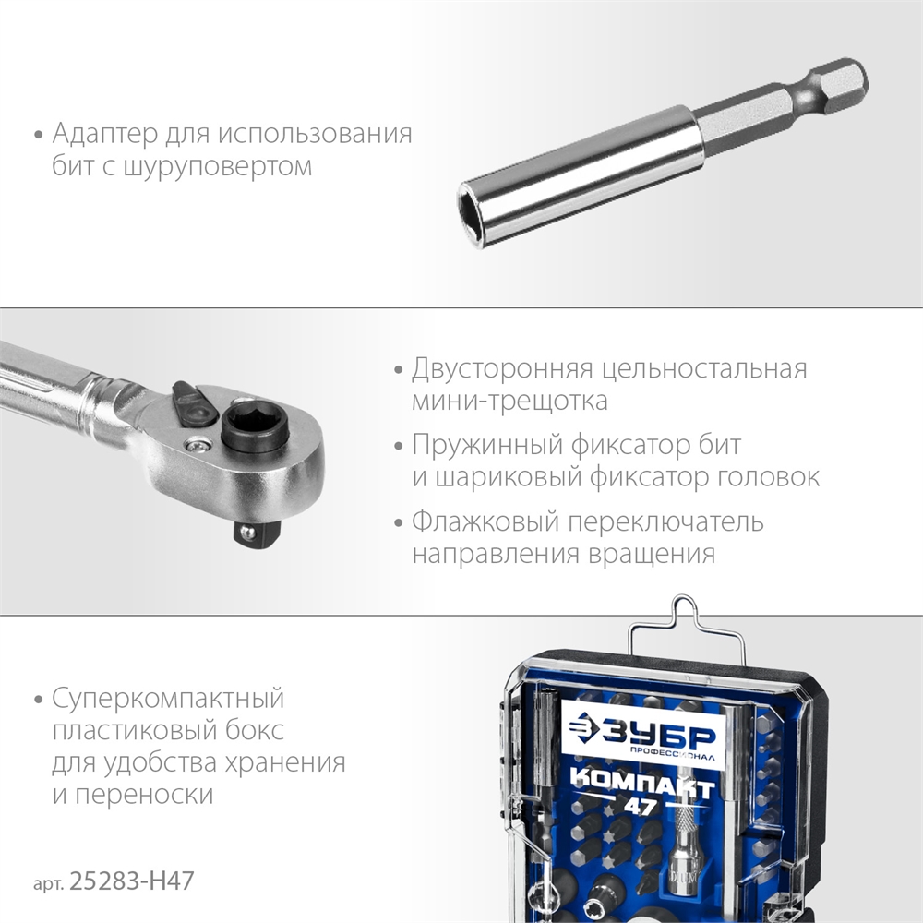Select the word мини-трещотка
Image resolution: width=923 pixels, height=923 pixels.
tap(510, 402)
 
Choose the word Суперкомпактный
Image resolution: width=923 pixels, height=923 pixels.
tap(168, 697)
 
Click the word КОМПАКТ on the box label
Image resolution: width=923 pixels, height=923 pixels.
tap(642, 785)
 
